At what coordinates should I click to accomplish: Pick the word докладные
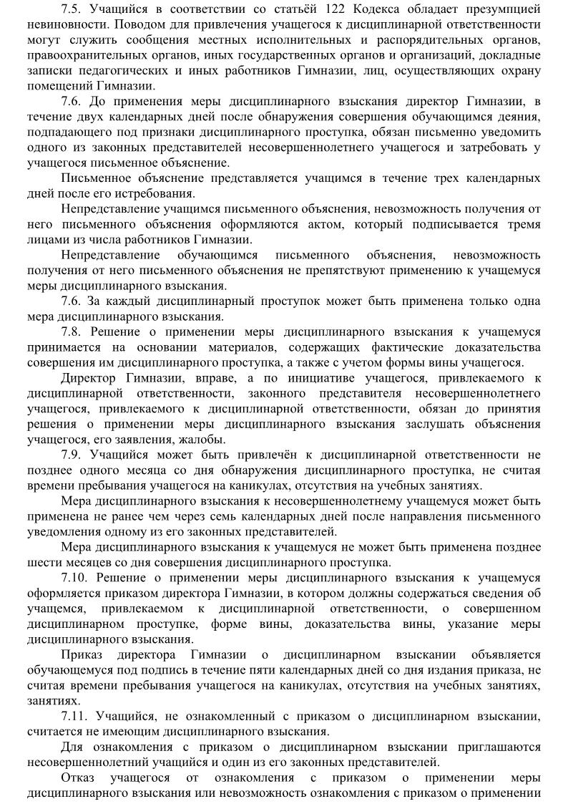[511, 54]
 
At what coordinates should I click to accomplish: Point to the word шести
[43, 562]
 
